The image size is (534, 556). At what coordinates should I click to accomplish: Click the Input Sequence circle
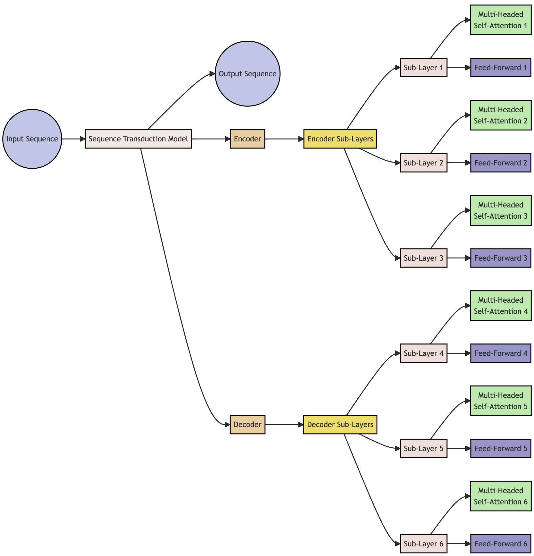[32, 139]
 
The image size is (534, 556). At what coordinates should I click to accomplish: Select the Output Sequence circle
[247, 74]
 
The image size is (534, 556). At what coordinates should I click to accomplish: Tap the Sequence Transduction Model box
[138, 139]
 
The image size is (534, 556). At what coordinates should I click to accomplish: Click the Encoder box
[247, 139]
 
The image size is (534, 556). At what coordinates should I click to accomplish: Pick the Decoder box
[247, 425]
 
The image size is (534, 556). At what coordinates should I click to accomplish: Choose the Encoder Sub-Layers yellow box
[340, 139]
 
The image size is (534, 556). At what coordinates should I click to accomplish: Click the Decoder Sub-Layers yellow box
[340, 425]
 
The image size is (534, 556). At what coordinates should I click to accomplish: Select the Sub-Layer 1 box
[424, 68]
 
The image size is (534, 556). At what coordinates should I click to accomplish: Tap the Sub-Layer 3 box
[424, 258]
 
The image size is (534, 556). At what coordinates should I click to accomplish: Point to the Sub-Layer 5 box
[424, 449]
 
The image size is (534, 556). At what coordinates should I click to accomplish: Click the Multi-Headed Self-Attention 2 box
[500, 115]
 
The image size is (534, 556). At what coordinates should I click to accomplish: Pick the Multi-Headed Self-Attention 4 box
[500, 306]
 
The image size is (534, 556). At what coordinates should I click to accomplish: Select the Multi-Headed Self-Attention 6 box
[500, 496]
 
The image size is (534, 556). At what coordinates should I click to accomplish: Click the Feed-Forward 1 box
[500, 68]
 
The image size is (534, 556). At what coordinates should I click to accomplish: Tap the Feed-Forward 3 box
[500, 258]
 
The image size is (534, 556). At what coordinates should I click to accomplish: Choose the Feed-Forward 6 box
[500, 544]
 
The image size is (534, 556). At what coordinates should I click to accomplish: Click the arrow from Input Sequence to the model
[73, 139]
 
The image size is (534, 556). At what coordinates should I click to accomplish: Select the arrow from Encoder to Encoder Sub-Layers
[284, 139]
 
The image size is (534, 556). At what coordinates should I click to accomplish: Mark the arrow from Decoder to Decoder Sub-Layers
[284, 425]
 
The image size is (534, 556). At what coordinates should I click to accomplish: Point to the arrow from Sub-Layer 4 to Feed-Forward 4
[458, 353]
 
